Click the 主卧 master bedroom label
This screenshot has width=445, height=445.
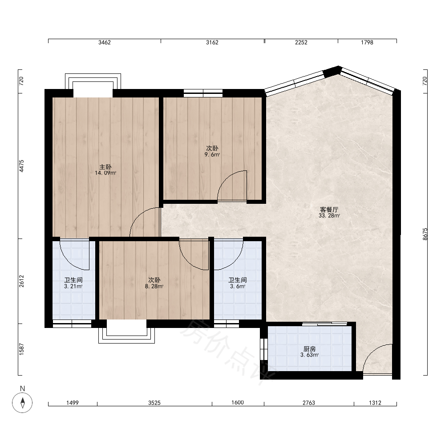click(x=105, y=167)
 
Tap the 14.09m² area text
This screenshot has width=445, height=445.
click(x=105, y=173)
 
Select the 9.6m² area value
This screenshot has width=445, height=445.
click(x=212, y=155)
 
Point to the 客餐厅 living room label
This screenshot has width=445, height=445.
click(x=329, y=210)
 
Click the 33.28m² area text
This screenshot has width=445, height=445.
click(x=329, y=216)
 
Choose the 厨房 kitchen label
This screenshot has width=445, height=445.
click(x=309, y=349)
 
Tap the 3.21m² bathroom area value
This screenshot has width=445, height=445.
click(x=73, y=286)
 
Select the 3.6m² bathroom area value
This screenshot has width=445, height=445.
click(x=238, y=286)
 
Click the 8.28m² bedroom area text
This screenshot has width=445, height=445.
click(x=154, y=286)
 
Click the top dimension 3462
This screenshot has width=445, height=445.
click(x=105, y=42)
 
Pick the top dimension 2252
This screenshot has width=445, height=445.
click(x=301, y=42)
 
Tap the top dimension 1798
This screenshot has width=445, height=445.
click(x=367, y=42)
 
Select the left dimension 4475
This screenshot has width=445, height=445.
click(x=21, y=166)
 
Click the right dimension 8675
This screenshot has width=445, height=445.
click(x=425, y=234)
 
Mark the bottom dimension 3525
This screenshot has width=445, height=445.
click(x=154, y=403)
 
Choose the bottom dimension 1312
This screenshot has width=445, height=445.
click(x=375, y=403)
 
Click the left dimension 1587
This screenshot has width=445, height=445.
click(x=21, y=349)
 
